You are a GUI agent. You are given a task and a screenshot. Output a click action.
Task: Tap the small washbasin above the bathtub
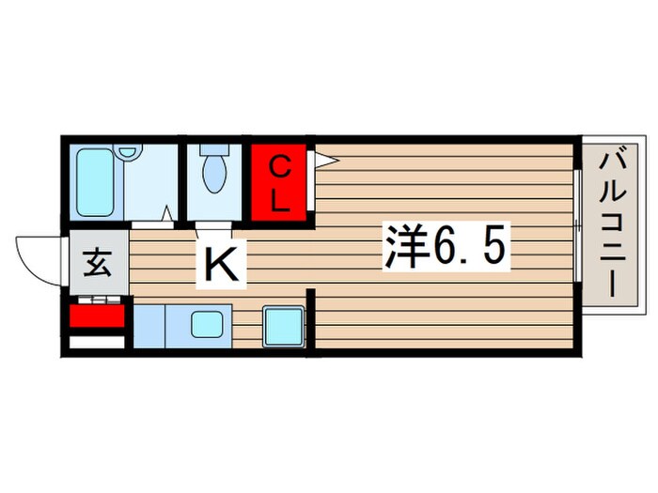(x=129, y=153)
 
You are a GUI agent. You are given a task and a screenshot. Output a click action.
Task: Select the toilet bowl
(x=215, y=174)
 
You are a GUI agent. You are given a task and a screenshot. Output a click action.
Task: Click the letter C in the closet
(x=279, y=167)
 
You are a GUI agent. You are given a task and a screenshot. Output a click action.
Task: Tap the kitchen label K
(x=222, y=267)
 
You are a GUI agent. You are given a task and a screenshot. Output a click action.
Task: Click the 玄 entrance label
(x=98, y=263)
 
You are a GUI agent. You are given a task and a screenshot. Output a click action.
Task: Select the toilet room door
(x=215, y=226)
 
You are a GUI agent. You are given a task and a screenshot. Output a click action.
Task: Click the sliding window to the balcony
(x=575, y=225)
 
